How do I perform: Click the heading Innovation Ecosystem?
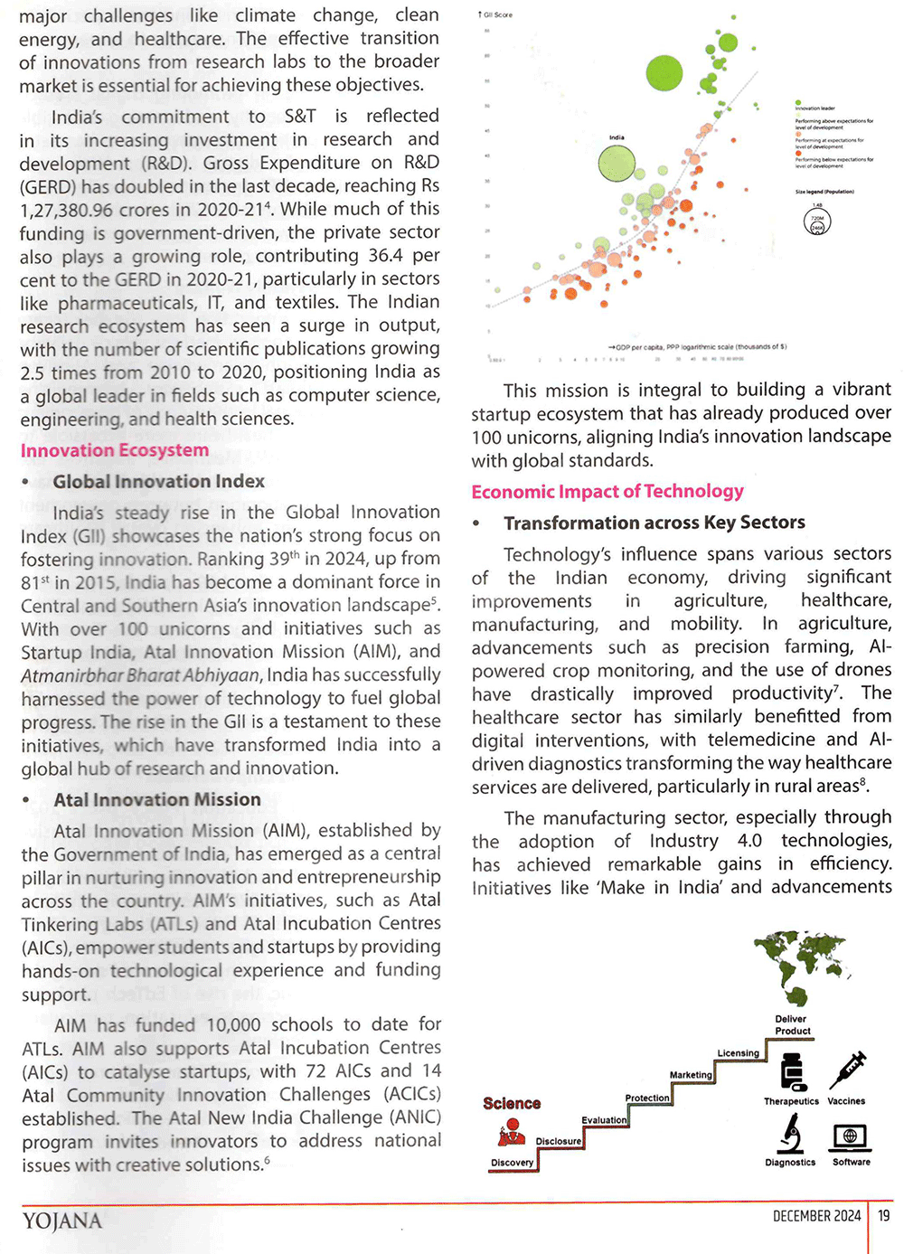tap(115, 450)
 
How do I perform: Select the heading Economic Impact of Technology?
tap(607, 492)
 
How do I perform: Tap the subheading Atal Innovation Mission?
tap(157, 799)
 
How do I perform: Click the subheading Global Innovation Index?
tap(159, 481)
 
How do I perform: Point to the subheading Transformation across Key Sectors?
tap(654, 523)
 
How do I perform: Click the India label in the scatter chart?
tap(617, 137)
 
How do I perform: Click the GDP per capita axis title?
tap(698, 346)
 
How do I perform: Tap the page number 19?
tap(884, 1216)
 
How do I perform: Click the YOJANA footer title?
tap(62, 1221)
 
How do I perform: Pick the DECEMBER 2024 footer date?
tap(816, 1216)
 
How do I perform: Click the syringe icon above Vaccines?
tap(847, 1070)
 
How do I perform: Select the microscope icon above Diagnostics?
tap(791, 1133)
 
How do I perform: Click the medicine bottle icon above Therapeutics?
tap(793, 1072)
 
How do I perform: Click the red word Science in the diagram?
tap(512, 1103)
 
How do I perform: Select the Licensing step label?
tap(739, 1053)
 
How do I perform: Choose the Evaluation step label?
tap(604, 1120)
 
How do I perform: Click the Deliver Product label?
tap(792, 1024)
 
